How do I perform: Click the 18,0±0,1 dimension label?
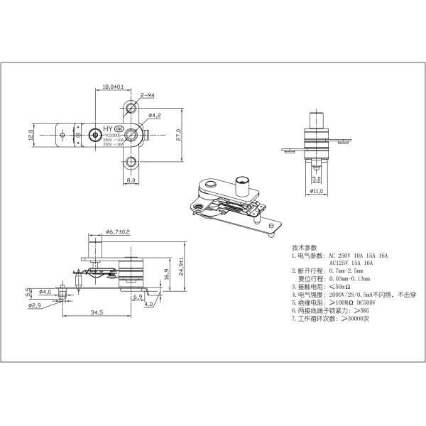click(114, 87)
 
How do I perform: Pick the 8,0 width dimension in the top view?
click(131, 180)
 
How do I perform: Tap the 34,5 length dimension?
click(97, 312)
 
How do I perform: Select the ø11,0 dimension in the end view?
click(317, 191)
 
